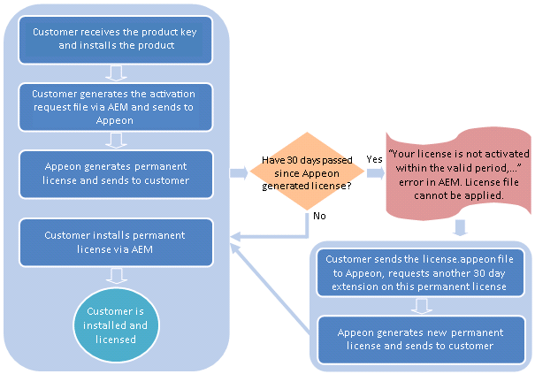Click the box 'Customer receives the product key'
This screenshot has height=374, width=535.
(116, 38)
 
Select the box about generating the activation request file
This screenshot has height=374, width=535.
(116, 106)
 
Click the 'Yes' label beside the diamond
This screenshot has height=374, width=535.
(374, 157)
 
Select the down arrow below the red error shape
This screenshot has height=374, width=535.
(460, 229)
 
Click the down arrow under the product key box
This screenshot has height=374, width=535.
(116, 72)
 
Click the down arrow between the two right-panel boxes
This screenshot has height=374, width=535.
(421, 305)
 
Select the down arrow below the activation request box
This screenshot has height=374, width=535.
(116, 139)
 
